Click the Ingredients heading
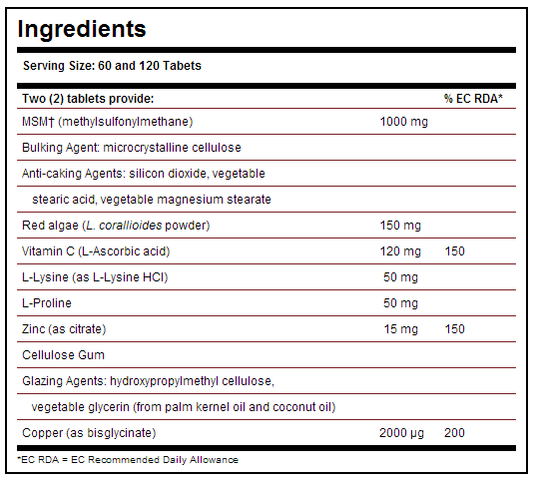tap(82, 30)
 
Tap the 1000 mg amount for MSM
tap(404, 122)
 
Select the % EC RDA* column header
tap(473, 99)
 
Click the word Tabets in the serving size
tap(182, 66)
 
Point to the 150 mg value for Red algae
tap(400, 226)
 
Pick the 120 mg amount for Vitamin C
tap(400, 251)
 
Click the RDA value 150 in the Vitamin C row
tap(455, 251)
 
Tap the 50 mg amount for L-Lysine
tap(400, 277)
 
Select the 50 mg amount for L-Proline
tap(400, 303)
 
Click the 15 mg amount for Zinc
tap(401, 329)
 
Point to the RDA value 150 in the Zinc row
tap(455, 329)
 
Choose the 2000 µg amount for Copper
tap(401, 433)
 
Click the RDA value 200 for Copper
tap(454, 433)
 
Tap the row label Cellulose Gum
tap(64, 355)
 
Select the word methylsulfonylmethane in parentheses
tap(126, 122)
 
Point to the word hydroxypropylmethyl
tap(164, 381)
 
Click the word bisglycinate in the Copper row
tap(120, 433)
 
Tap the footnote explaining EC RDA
tap(128, 460)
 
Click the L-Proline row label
tap(47, 303)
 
